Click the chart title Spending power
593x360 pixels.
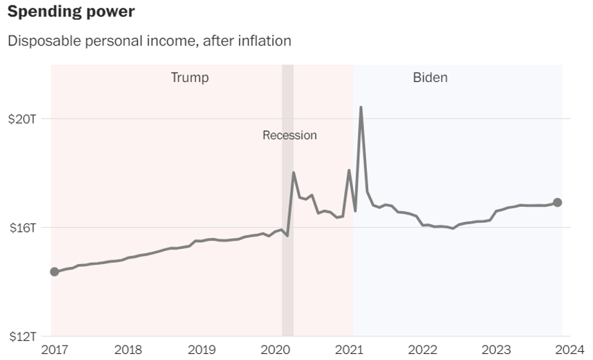70,12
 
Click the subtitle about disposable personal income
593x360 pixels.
149,41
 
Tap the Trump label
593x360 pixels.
190,77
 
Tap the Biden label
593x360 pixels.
430,77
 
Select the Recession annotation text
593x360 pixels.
290,135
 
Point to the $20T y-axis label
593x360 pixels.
23,119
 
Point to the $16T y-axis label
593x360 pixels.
23,228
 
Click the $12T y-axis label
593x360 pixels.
23,337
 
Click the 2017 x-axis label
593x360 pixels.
55,349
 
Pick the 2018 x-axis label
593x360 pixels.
128,349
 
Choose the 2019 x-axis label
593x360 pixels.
201,349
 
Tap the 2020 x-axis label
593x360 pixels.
275,349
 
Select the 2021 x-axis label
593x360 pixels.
349,349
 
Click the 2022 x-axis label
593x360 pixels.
422,349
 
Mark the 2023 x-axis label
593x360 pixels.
496,349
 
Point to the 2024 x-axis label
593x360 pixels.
569,349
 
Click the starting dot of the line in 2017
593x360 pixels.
54,272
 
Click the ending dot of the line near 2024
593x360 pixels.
558,202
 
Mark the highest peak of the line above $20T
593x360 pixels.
361,108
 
